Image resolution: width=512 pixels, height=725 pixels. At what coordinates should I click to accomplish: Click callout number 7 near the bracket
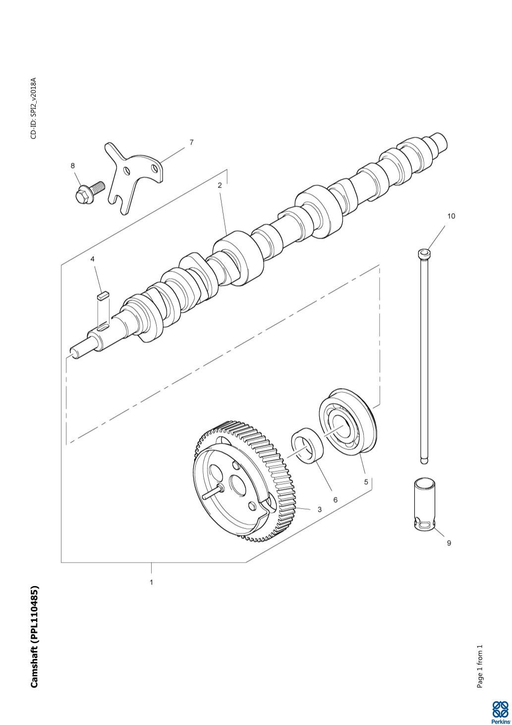coord(191,142)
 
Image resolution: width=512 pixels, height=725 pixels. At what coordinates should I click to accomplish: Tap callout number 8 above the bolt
coord(73,166)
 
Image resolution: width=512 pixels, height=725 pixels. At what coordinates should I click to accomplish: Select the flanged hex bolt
coord(89,192)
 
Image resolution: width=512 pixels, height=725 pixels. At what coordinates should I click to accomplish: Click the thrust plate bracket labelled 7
coord(133,178)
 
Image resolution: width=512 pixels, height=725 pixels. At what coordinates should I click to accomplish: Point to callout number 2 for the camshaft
coord(220,185)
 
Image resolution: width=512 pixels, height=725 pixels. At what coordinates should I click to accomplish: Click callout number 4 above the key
coord(93,259)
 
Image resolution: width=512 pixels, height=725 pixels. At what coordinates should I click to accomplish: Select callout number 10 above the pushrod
coord(451,216)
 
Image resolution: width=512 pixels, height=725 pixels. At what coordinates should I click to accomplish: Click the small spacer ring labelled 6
coord(308,445)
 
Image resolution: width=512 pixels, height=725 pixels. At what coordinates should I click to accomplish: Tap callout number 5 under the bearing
coord(366,482)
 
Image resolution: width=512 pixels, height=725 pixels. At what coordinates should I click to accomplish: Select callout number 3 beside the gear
coord(319,510)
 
